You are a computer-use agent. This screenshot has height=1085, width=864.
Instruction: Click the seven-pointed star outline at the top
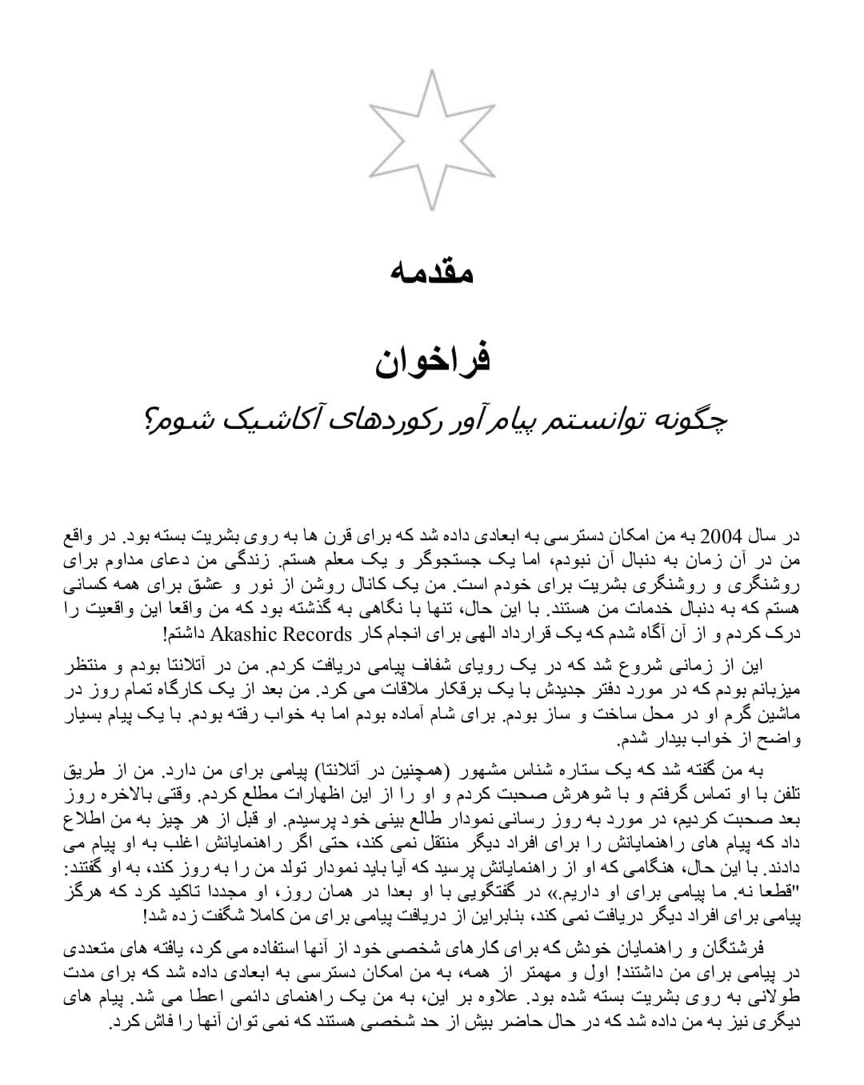pyautogui.click(x=431, y=140)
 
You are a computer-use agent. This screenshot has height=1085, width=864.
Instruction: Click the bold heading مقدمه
pyautogui.click(x=432, y=272)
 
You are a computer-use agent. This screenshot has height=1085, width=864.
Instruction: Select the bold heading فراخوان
pyautogui.click(x=432, y=360)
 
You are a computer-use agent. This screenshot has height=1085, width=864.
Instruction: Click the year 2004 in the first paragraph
pyautogui.click(x=722, y=534)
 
